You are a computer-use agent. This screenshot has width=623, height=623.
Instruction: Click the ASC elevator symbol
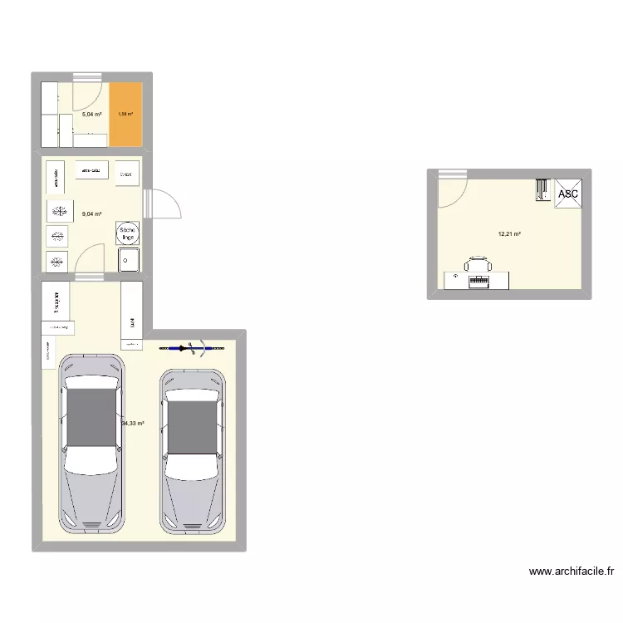[x=568, y=193]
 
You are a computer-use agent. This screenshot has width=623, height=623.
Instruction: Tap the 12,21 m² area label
[x=509, y=234]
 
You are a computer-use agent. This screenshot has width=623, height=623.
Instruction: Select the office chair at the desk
[x=478, y=265]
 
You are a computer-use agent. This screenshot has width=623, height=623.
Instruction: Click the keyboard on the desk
[x=479, y=282]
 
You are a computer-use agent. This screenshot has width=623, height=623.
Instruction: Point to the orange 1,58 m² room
[x=126, y=115]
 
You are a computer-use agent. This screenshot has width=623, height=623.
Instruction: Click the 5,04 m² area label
[x=91, y=115]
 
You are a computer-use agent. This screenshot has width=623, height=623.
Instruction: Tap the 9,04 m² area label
[x=91, y=214]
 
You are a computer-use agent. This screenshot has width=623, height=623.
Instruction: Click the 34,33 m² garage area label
[x=133, y=424]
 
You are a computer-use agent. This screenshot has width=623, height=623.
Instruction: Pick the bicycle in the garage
[x=193, y=347]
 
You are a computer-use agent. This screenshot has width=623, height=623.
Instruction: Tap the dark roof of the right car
[x=194, y=424]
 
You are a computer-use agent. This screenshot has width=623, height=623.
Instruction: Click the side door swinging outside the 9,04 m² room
[x=162, y=204]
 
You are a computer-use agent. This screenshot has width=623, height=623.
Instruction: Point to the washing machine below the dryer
[x=129, y=259]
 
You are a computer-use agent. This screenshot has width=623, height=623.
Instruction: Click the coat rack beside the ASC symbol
[x=542, y=191]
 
